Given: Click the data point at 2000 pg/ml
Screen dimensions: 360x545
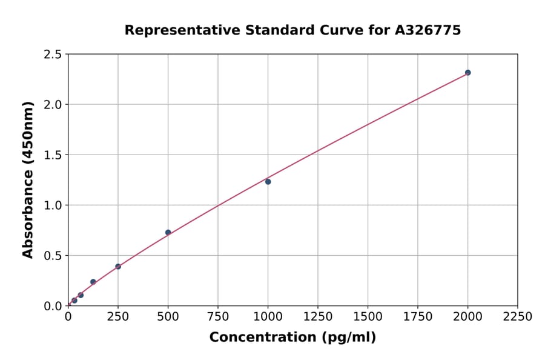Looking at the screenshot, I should click(467, 73).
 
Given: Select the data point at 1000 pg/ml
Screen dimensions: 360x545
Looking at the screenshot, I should click(268, 182).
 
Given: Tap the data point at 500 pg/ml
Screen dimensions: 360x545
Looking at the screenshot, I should click(168, 233).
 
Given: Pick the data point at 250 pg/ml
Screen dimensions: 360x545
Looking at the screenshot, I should click(118, 267).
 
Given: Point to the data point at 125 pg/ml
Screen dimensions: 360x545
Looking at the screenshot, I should click(93, 282).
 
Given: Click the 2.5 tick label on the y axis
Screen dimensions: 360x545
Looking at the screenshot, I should click(53, 55).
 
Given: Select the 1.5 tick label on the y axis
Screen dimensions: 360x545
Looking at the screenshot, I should click(53, 155).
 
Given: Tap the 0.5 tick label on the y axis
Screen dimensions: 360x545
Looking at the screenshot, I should click(53, 256).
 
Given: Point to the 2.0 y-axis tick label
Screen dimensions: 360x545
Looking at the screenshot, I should click(53, 105).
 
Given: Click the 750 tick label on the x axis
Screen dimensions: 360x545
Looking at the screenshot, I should click(218, 317).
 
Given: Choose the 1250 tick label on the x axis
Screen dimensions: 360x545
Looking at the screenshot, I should click(318, 317).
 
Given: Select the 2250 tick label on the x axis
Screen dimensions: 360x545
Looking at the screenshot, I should click(518, 317).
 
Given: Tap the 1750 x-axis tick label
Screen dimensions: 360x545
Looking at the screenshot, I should click(418, 317).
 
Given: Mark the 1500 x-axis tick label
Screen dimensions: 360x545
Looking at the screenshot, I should click(368, 317).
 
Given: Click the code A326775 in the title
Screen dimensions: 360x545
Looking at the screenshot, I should click(427, 30).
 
